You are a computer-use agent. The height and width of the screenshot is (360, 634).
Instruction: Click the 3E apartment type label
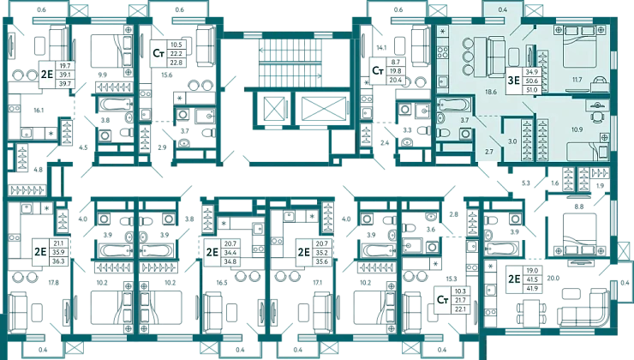click(x=513, y=81)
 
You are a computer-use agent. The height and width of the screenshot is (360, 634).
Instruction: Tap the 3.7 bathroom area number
click(x=464, y=120)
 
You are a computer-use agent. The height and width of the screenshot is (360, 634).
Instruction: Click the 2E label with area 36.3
click(x=39, y=251)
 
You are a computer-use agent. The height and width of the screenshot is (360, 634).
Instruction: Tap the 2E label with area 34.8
click(x=212, y=252)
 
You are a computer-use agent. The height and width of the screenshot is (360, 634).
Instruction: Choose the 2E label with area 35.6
click(x=303, y=252)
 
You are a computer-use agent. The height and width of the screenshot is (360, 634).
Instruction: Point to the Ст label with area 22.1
click(x=442, y=301)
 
